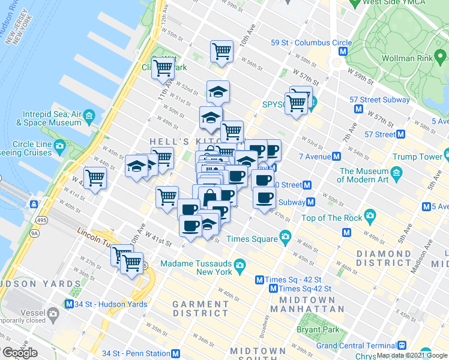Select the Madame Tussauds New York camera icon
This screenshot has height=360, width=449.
click(x=240, y=264)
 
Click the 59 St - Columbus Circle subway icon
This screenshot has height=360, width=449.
click(x=342, y=52)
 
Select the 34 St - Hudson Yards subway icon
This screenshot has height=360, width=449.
click(x=70, y=304)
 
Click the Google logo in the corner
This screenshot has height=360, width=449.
click(x=19, y=353)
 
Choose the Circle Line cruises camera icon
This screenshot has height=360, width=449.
click(x=59, y=145)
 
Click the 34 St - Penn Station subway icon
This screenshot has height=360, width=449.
click(x=176, y=353)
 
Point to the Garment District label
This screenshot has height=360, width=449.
click(x=200, y=308)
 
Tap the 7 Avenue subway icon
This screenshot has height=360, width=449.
click(x=336, y=157)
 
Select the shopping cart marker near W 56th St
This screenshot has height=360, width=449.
click(x=221, y=51)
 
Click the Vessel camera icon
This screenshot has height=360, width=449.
click(x=53, y=313)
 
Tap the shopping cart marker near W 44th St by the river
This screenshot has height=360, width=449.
click(x=95, y=178)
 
